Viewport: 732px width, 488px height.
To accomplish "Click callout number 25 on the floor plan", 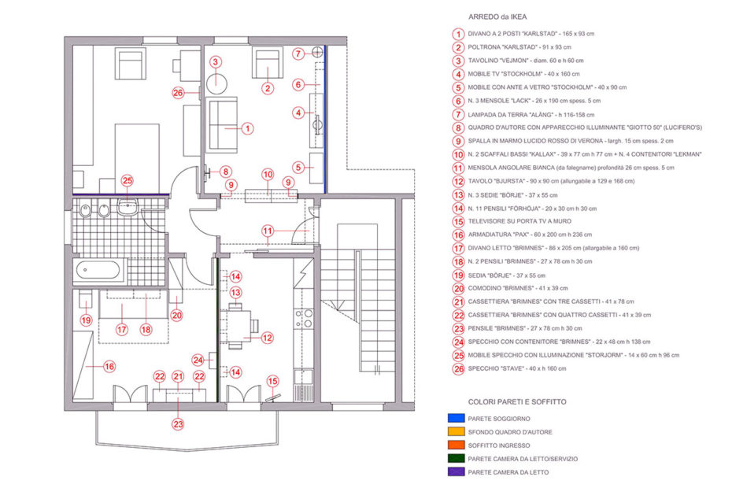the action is click(x=128, y=181).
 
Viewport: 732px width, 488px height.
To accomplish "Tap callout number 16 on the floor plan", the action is click(x=109, y=367).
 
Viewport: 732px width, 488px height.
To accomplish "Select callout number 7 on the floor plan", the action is click(x=299, y=54).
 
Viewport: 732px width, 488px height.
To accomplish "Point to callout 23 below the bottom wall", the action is click(x=179, y=424).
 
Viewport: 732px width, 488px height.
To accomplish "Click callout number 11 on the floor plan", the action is click(x=268, y=231).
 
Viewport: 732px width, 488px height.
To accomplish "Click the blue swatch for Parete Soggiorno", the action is click(x=456, y=418).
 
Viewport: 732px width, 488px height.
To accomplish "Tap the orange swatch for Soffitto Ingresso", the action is click(x=456, y=445).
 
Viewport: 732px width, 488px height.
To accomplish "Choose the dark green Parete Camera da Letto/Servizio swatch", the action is click(x=456, y=458).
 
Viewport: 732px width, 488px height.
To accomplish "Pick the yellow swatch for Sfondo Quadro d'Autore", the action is click(x=456, y=431).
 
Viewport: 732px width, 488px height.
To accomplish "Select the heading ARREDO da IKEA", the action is click(x=497, y=17).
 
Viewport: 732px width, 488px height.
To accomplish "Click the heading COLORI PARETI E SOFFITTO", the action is click(x=517, y=401).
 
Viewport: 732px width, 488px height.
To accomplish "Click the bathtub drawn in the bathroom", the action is click(x=100, y=270).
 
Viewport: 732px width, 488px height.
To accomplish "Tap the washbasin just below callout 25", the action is click(x=128, y=206).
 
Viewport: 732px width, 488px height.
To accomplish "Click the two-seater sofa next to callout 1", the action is click(x=222, y=124).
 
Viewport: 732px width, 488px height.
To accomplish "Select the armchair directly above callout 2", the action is click(x=268, y=63).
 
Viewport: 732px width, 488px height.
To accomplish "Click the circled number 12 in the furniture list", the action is click(x=458, y=181).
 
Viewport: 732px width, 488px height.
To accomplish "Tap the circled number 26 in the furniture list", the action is click(x=458, y=369).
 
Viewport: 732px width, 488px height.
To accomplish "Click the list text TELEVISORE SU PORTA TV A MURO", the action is click(x=519, y=221).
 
